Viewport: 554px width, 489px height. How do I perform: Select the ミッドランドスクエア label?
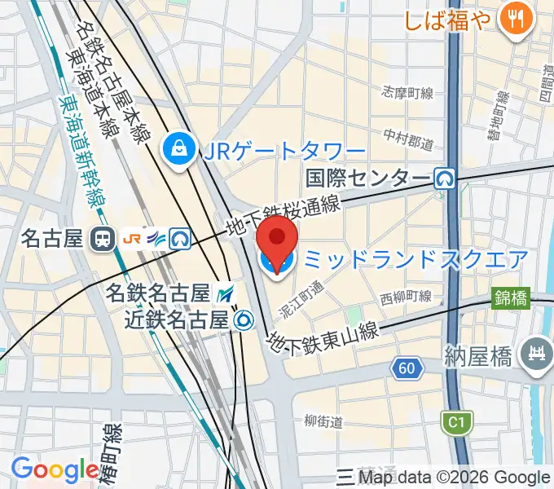click(415, 260)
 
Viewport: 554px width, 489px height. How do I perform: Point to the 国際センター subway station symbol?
click(444, 178)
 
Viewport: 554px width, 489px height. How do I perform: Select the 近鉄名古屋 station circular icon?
click(242, 320)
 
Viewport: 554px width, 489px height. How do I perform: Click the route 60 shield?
click(407, 369)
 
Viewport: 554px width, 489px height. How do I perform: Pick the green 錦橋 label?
click(511, 299)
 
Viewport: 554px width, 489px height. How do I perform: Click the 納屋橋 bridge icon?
click(537, 355)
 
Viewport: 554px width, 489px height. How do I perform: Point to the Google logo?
click(55, 469)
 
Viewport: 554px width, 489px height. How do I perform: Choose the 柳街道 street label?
click(323, 421)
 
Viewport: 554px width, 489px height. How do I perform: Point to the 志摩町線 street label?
click(407, 92)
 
